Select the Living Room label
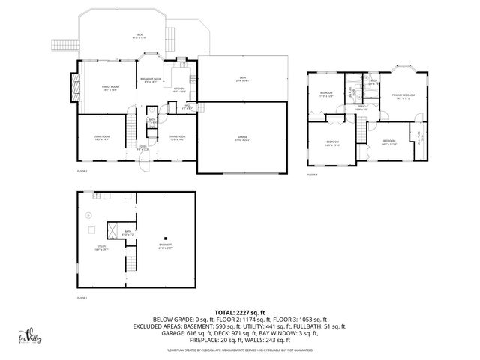102,139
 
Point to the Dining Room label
177,138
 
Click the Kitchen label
179,89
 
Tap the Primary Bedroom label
403,96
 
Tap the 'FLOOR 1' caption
82,298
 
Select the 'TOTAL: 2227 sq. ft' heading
239,312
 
